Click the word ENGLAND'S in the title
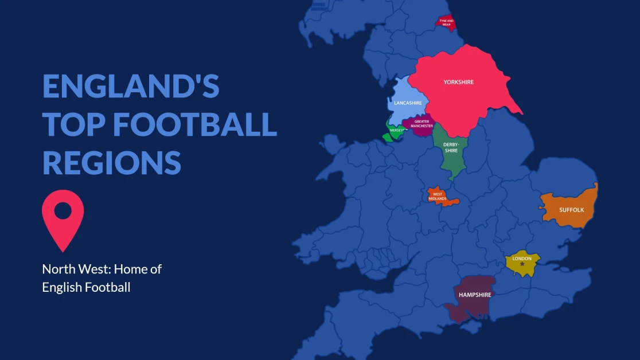click(131, 85)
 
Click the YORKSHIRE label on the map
click(459, 83)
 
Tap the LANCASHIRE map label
click(408, 103)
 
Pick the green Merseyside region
click(395, 132)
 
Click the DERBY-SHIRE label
click(451, 148)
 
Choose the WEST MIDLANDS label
click(438, 197)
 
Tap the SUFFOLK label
click(571, 210)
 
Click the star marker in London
click(522, 264)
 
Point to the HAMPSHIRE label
click(475, 295)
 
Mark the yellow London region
click(525, 269)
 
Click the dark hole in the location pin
click(63, 210)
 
